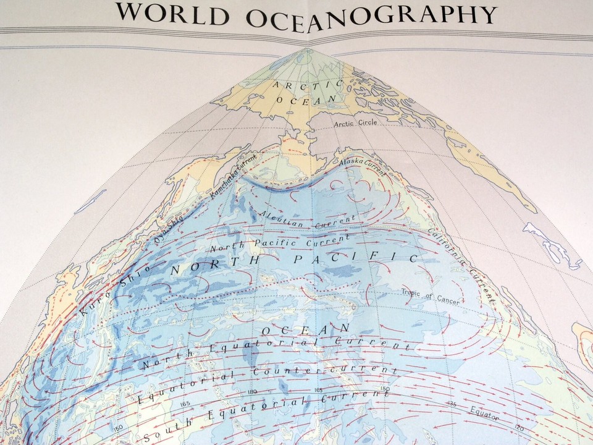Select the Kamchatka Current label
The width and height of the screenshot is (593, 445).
(x=233, y=176)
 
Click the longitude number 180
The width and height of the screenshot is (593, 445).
(x=252, y=392)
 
